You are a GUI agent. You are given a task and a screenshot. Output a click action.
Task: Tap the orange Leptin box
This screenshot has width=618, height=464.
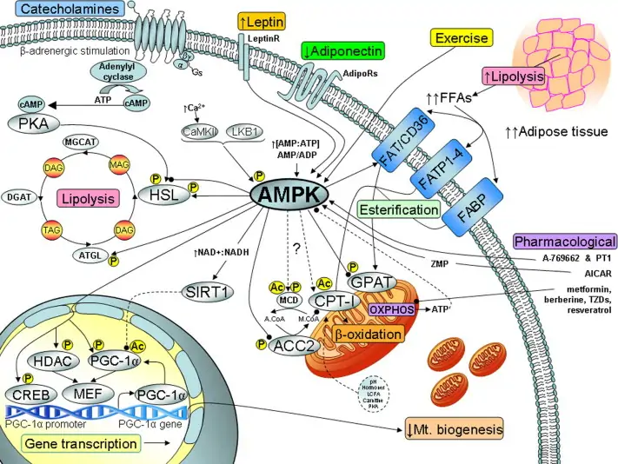[263, 19]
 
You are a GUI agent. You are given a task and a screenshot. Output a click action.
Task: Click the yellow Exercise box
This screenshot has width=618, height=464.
[462, 38]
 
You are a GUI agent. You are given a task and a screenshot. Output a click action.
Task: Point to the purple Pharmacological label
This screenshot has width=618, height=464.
[565, 242]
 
